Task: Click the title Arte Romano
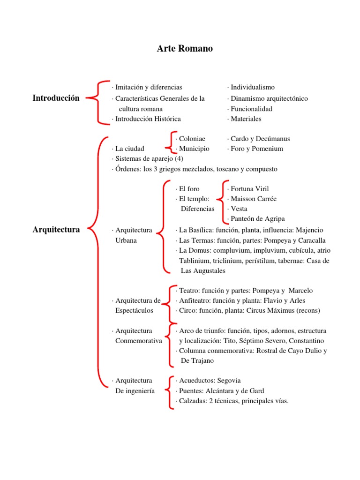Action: click(185, 49)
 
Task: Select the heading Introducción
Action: click(56, 98)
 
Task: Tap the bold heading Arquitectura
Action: click(56, 230)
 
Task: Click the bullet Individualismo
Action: click(253, 87)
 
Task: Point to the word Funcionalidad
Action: click(251, 109)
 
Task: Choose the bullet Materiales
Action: click(246, 119)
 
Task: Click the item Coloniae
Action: click(192, 139)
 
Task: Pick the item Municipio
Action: click(194, 149)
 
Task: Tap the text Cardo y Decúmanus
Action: click(260, 139)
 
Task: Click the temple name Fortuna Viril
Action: click(250, 189)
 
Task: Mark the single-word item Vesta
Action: click(239, 209)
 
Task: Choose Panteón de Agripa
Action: click(257, 219)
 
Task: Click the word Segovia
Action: click(227, 381)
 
